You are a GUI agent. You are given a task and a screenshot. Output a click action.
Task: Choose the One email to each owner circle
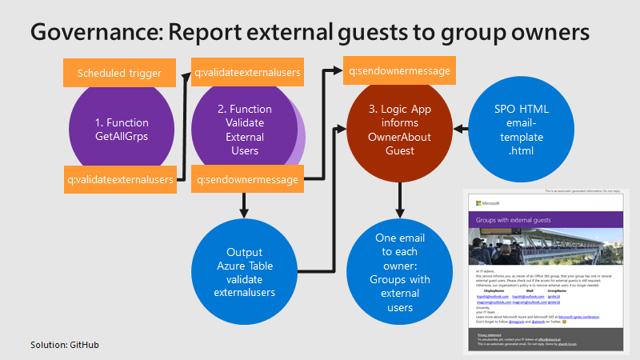pos(399,272)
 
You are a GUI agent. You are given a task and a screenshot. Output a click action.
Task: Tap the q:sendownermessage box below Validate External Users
pos(247,179)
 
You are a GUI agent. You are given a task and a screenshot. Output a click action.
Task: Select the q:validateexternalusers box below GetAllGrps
pos(121,179)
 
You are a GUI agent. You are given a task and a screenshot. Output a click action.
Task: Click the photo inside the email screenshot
pos(544,246)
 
